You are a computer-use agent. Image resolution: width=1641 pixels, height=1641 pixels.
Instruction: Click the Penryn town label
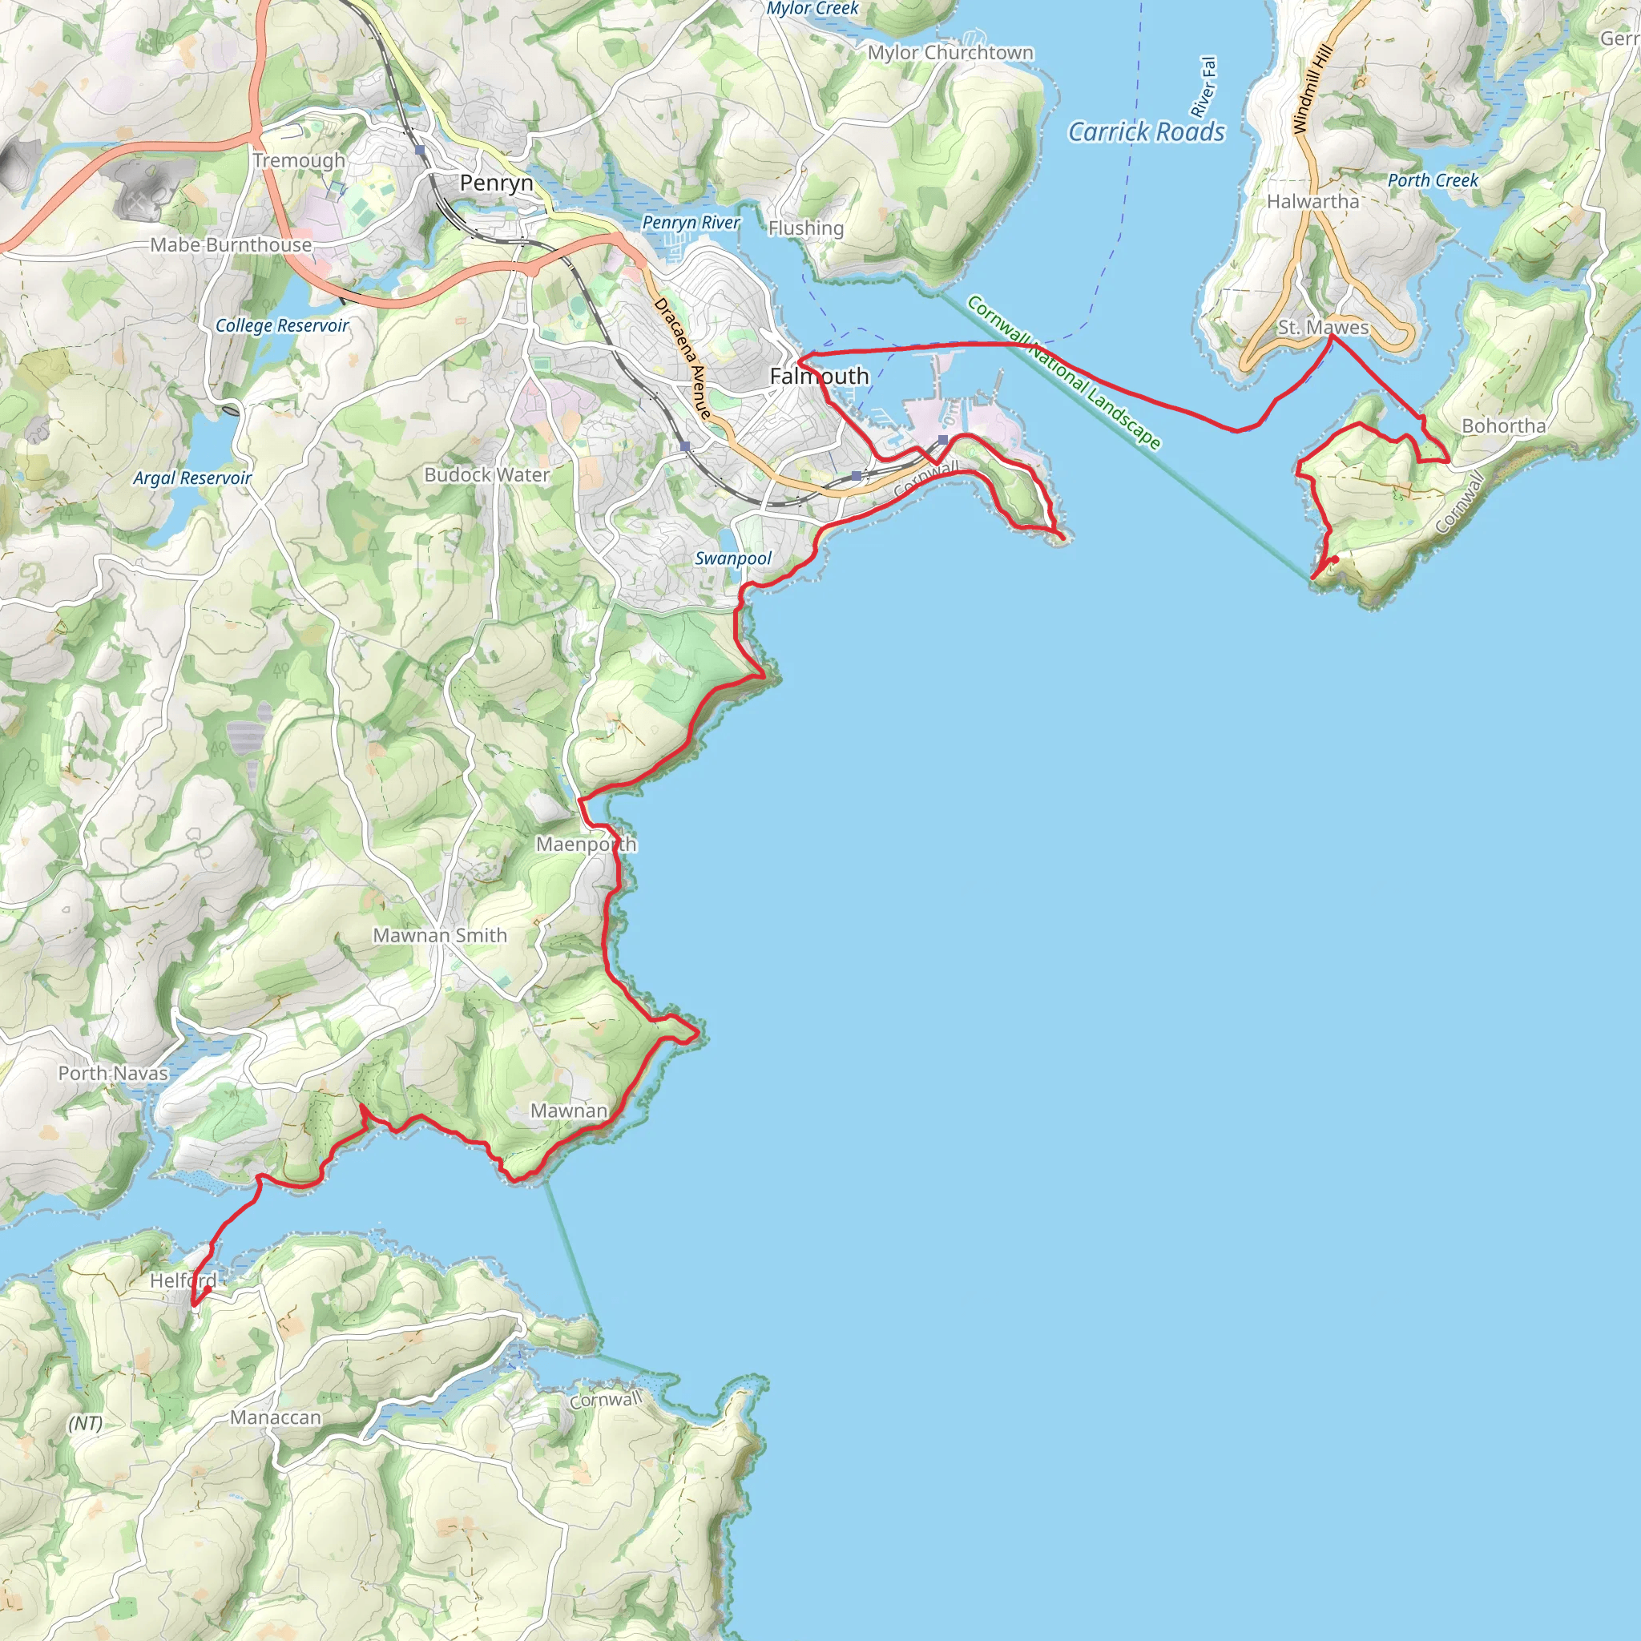point(496,183)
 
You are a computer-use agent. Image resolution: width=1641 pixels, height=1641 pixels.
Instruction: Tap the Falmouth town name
point(819,376)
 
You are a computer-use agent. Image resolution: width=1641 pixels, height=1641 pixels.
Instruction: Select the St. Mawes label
point(1324,327)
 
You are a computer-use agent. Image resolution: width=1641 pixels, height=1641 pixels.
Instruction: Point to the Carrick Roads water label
point(1146,132)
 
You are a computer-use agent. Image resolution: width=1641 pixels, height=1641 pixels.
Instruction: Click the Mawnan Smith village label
point(440,935)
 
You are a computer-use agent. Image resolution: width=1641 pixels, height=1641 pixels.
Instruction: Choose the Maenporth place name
point(586,845)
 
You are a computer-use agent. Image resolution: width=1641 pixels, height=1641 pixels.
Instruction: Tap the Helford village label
point(183,1280)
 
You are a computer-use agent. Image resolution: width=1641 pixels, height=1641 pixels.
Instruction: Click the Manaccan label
point(276,1417)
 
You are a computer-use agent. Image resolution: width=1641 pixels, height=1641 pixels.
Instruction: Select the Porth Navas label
point(113,1073)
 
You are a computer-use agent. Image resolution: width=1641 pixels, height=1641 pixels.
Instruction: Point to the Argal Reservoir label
point(192,478)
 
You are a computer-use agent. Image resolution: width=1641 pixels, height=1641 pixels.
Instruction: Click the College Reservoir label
point(282,325)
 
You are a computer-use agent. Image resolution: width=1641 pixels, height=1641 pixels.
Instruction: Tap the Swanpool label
point(733,558)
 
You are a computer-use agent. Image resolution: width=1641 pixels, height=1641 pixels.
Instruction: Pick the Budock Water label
point(486,475)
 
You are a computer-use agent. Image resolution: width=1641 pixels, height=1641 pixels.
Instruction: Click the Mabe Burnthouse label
point(231,244)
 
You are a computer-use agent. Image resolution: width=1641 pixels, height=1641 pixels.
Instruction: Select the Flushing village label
point(806,228)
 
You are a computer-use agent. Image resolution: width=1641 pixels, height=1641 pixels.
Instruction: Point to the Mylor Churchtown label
point(950,53)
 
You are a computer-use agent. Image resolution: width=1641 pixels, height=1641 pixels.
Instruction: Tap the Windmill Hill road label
point(1312,88)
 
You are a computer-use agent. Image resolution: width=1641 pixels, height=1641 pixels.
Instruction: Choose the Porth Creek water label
point(1433,180)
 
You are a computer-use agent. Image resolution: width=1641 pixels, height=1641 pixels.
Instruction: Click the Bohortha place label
point(1503,425)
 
